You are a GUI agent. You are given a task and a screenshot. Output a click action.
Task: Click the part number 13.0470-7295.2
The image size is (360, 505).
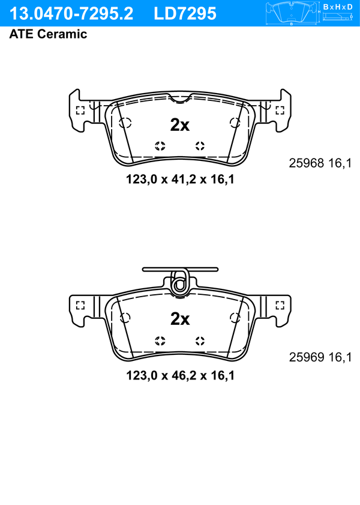pyautogui.click(x=71, y=14)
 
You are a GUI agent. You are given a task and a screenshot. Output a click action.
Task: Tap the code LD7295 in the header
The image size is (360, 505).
pyautogui.click(x=185, y=14)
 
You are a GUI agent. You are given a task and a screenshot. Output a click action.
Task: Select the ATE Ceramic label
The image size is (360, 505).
pyautogui.click(x=48, y=34)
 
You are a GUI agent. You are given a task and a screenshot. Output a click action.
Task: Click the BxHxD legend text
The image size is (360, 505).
pyautogui.click(x=338, y=7)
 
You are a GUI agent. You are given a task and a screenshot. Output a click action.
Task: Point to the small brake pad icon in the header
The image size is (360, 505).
pyautogui.click(x=291, y=13)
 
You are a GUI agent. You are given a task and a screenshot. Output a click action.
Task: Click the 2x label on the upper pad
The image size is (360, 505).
pyautogui.click(x=180, y=125)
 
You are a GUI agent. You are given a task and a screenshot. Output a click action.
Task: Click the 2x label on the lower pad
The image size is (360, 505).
pyautogui.click(x=180, y=319)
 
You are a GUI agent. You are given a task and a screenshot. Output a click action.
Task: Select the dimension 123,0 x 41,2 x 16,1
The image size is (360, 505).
pyautogui.click(x=180, y=179)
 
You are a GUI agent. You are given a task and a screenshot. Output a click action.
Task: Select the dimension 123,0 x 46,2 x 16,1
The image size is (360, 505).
pyautogui.click(x=180, y=375)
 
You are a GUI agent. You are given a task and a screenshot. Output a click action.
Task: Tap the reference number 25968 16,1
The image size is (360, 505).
pyautogui.click(x=320, y=163)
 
